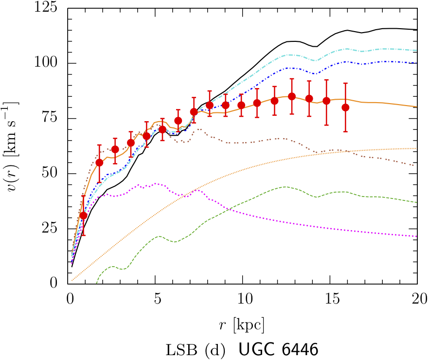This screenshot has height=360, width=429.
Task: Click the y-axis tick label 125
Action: (x=52, y=9)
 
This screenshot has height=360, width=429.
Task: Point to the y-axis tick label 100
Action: (x=52, y=64)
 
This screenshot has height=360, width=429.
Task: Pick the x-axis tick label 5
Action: (x=155, y=297)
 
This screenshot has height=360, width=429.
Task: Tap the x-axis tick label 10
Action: (x=242, y=297)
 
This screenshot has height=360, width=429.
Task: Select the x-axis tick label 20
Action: (x=416, y=297)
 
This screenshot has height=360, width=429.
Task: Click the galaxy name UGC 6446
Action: (x=278, y=349)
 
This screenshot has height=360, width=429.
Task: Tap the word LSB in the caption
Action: (x=179, y=349)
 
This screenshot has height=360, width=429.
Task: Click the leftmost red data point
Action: (x=83, y=216)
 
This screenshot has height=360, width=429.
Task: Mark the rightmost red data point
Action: (x=345, y=108)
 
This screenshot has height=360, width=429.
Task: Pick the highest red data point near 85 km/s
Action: (x=292, y=96)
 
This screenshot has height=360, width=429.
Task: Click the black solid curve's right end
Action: (x=417, y=30)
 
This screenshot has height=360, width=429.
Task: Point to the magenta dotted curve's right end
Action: (x=417, y=236)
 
